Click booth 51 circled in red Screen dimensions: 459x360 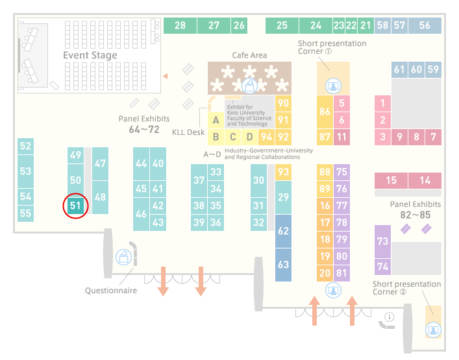[75, 206]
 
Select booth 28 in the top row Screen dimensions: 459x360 [180, 25]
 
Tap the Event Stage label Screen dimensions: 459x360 [90, 55]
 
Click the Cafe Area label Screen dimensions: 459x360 [249, 55]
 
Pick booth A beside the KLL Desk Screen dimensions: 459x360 [216, 120]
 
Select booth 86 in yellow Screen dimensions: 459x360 [325, 112]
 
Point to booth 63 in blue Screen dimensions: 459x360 [283, 265]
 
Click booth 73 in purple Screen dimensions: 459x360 [382, 241]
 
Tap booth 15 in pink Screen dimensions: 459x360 [391, 180]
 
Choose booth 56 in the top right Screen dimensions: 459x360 [425, 25]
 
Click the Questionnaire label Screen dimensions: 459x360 [111, 291]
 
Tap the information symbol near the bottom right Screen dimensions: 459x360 [390, 317]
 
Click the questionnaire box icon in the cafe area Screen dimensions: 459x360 [249, 86]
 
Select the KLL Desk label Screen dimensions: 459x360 [188, 132]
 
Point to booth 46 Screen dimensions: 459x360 [141, 214]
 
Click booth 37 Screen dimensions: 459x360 [199, 180]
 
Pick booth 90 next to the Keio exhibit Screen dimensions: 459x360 [283, 104]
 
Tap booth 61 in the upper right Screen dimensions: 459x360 [399, 69]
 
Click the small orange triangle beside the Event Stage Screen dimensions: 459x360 [166, 77]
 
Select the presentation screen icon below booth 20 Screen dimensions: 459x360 [333, 291]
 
